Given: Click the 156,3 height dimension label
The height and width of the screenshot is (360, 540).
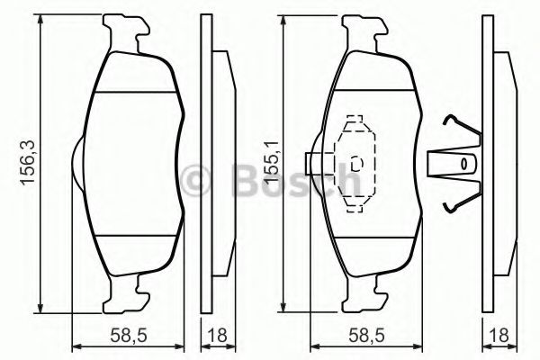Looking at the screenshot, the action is click(x=28, y=163).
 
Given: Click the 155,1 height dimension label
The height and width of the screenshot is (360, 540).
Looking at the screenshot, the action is click(x=271, y=162).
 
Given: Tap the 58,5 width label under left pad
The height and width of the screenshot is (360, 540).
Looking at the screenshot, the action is click(x=129, y=336).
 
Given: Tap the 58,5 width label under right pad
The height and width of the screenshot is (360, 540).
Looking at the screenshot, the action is click(x=367, y=336).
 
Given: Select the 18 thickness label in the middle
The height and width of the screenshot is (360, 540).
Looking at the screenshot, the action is click(x=218, y=336).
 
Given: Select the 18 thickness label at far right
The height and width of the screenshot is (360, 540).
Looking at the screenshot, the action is click(x=499, y=336).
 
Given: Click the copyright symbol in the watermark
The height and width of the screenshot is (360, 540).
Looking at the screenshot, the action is click(x=195, y=180).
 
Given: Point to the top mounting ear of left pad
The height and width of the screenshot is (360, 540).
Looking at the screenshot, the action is click(x=126, y=33).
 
